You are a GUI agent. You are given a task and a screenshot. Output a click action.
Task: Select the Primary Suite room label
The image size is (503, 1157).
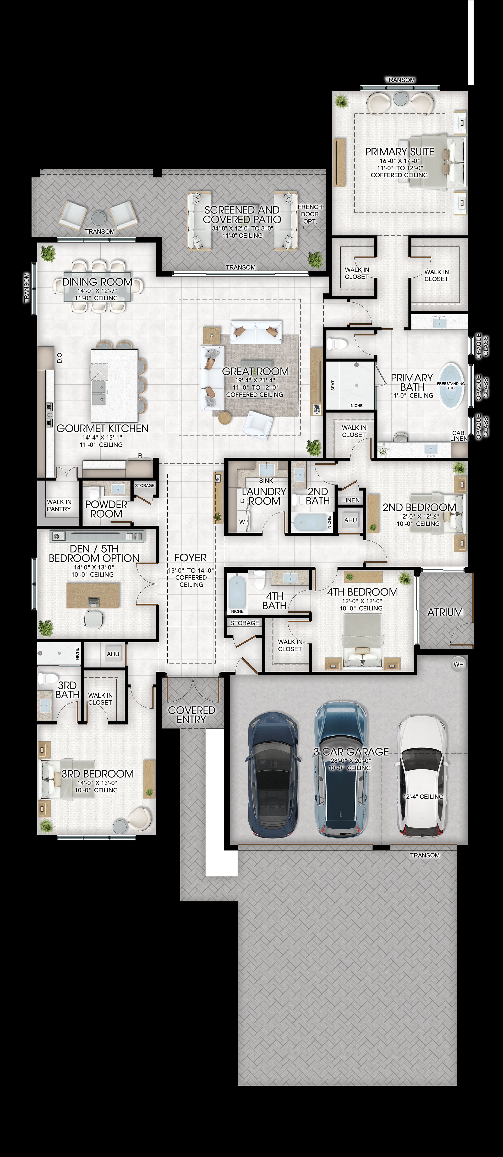(400, 152)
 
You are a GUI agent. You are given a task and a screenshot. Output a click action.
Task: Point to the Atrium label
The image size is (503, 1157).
(445, 612)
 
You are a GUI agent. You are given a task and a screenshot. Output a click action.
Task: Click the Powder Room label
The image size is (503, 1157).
(106, 509)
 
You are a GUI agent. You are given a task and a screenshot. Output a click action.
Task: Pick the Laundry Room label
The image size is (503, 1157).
(264, 496)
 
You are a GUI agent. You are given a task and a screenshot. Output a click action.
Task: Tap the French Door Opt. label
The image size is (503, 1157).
(310, 214)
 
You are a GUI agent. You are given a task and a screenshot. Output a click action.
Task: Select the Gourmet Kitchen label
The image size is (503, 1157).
(102, 428)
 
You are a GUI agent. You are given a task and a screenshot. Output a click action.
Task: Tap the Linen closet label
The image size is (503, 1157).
(351, 500)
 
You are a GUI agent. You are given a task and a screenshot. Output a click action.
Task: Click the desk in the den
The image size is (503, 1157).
(93, 595)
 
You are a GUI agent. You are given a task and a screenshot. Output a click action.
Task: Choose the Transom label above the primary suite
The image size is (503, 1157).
(400, 80)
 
